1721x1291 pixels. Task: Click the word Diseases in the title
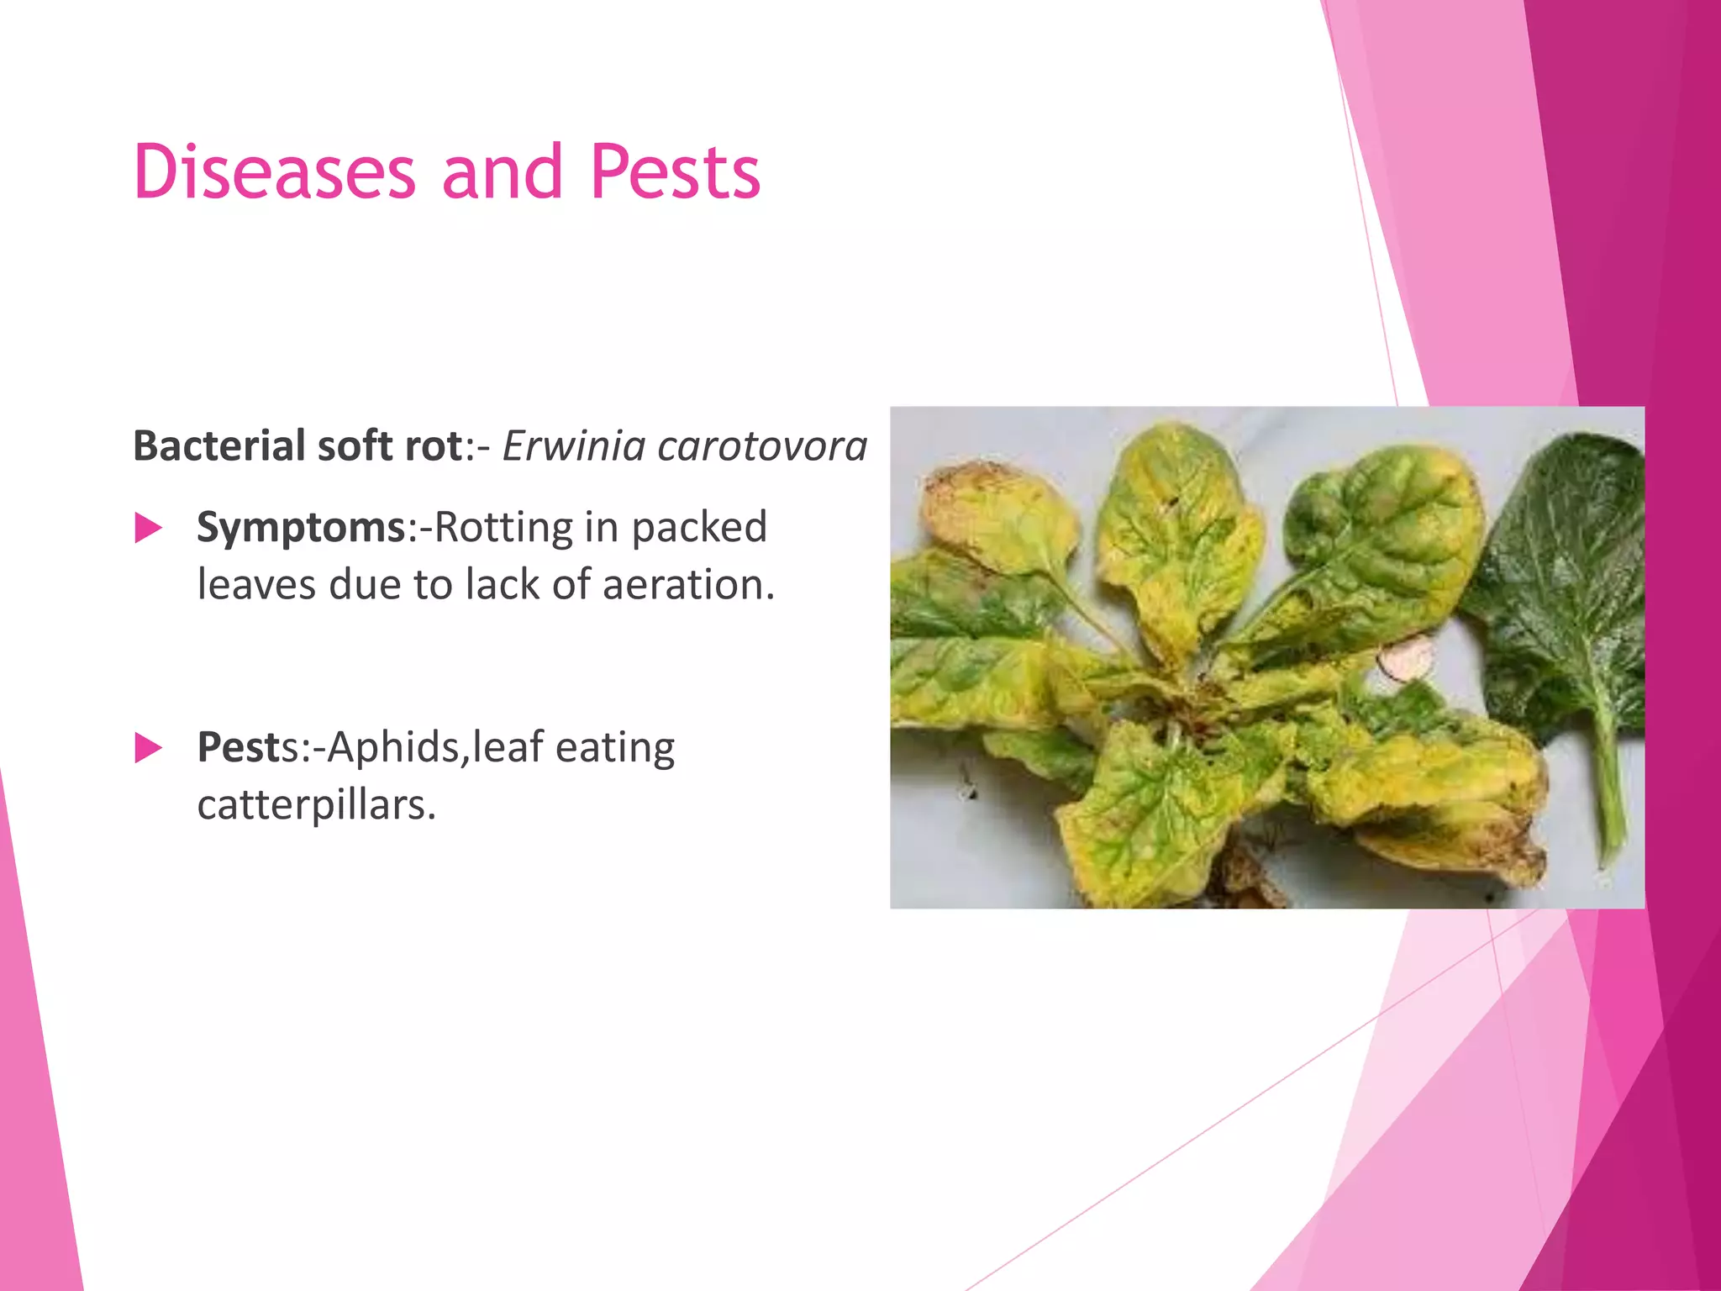pos(274,172)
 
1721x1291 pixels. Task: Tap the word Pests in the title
pos(675,172)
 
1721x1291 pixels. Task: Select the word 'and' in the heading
pos(502,172)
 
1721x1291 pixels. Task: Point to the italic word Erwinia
pos(574,445)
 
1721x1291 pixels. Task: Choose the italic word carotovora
pos(762,445)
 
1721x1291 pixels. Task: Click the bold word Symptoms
pos(302,528)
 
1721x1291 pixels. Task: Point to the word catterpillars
pos(316,805)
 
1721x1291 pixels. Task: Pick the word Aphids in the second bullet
pos(394,747)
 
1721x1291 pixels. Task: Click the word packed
pos(698,528)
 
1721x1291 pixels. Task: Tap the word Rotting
pos(503,528)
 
